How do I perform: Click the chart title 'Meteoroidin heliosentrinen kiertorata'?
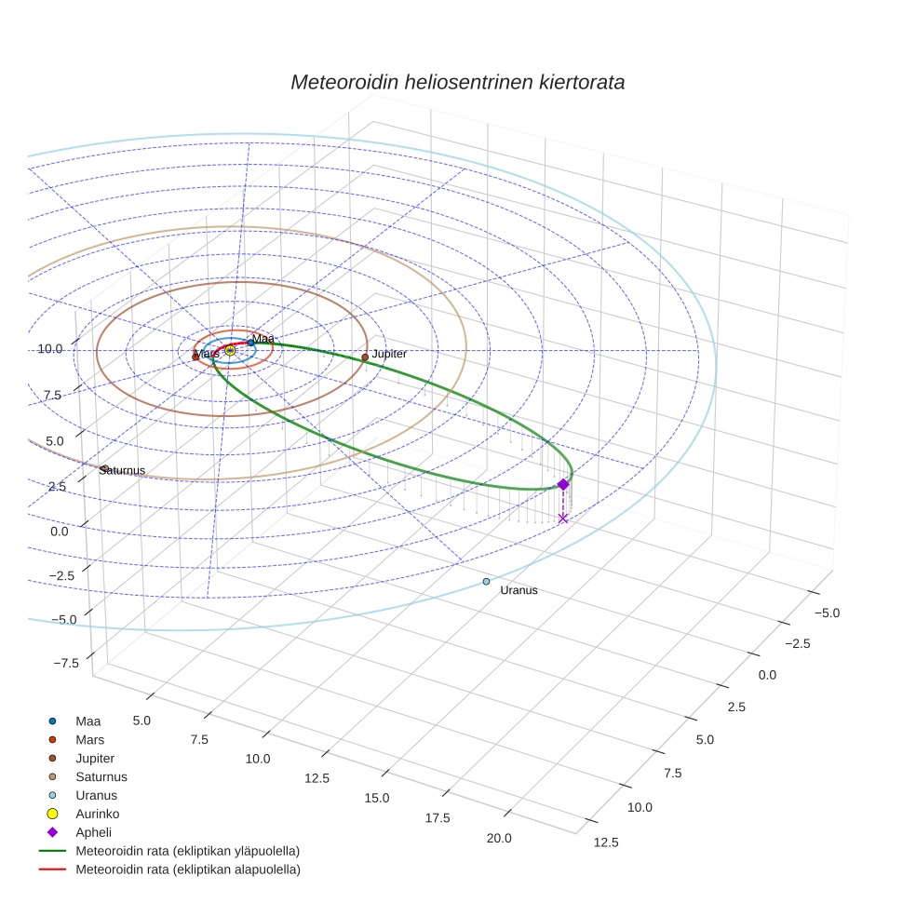457,82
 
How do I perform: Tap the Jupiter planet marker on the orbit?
365,357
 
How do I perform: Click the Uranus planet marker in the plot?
486,582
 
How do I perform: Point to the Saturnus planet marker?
105,468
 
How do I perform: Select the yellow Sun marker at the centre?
230,350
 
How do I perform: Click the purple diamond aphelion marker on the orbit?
563,484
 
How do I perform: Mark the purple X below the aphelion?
563,518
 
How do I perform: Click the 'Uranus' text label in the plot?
519,591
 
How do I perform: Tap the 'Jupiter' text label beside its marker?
389,355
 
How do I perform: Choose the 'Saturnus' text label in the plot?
123,471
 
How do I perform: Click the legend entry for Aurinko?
97,814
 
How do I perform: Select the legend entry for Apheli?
93,832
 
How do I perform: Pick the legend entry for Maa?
88,721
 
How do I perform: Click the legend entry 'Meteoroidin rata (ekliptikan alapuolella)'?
187,869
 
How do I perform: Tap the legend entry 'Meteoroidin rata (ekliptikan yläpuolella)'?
187,851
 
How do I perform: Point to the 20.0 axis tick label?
498,838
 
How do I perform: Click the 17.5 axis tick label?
437,817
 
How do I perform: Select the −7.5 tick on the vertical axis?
66,663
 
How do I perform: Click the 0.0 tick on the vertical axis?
60,531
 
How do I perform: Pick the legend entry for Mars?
89,739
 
